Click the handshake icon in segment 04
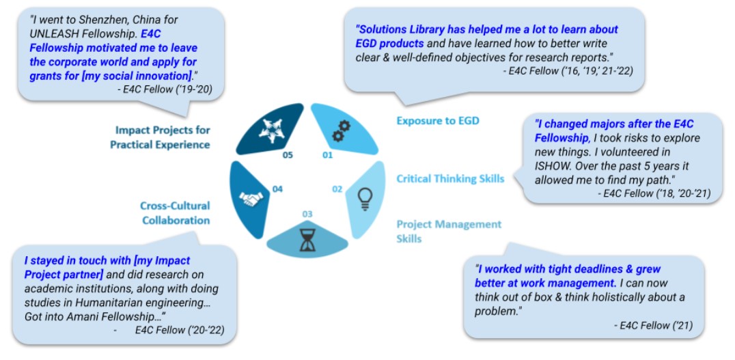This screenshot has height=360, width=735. pyautogui.click(x=252, y=198)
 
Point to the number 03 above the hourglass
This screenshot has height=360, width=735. pyautogui.click(x=307, y=214)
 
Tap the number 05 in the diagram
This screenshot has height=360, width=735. pyautogui.click(x=288, y=155)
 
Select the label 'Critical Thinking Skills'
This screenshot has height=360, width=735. pyautogui.click(x=450, y=179)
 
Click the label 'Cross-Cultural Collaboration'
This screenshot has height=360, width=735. pyautogui.click(x=175, y=213)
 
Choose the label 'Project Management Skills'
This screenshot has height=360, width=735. pyautogui.click(x=449, y=231)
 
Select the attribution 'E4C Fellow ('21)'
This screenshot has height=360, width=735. pyautogui.click(x=654, y=326)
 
